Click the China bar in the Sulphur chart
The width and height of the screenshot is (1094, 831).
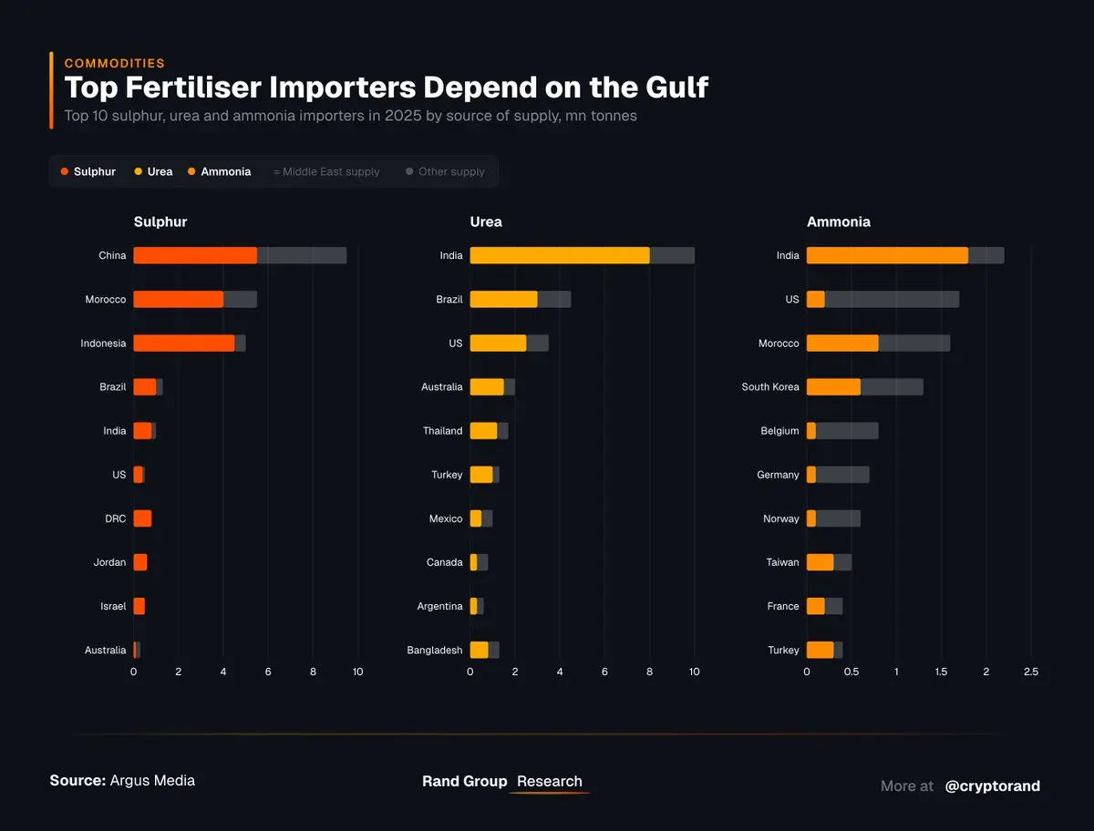(x=240, y=256)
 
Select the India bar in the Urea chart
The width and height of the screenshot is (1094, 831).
(x=582, y=256)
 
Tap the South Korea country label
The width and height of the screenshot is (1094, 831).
(x=770, y=387)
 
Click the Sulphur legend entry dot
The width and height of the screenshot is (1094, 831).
(x=64, y=172)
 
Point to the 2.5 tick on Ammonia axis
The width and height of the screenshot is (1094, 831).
(x=1030, y=672)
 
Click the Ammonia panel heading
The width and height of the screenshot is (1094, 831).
(x=838, y=221)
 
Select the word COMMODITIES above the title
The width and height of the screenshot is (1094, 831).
(x=114, y=64)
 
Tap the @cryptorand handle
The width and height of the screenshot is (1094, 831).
(x=992, y=785)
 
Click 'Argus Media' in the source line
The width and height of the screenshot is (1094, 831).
(x=152, y=781)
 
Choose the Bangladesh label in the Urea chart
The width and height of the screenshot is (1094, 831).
(x=435, y=651)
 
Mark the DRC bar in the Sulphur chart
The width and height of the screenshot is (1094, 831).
(x=142, y=518)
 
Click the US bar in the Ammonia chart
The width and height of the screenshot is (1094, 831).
(x=882, y=300)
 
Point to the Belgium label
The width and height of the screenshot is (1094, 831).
(x=779, y=431)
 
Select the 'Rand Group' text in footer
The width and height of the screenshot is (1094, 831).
(x=464, y=782)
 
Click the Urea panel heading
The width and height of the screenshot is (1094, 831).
(x=486, y=221)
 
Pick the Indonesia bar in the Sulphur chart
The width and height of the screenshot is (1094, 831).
(x=189, y=344)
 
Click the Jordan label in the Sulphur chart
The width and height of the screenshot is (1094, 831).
(x=109, y=562)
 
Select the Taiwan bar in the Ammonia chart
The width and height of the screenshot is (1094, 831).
(x=829, y=562)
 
